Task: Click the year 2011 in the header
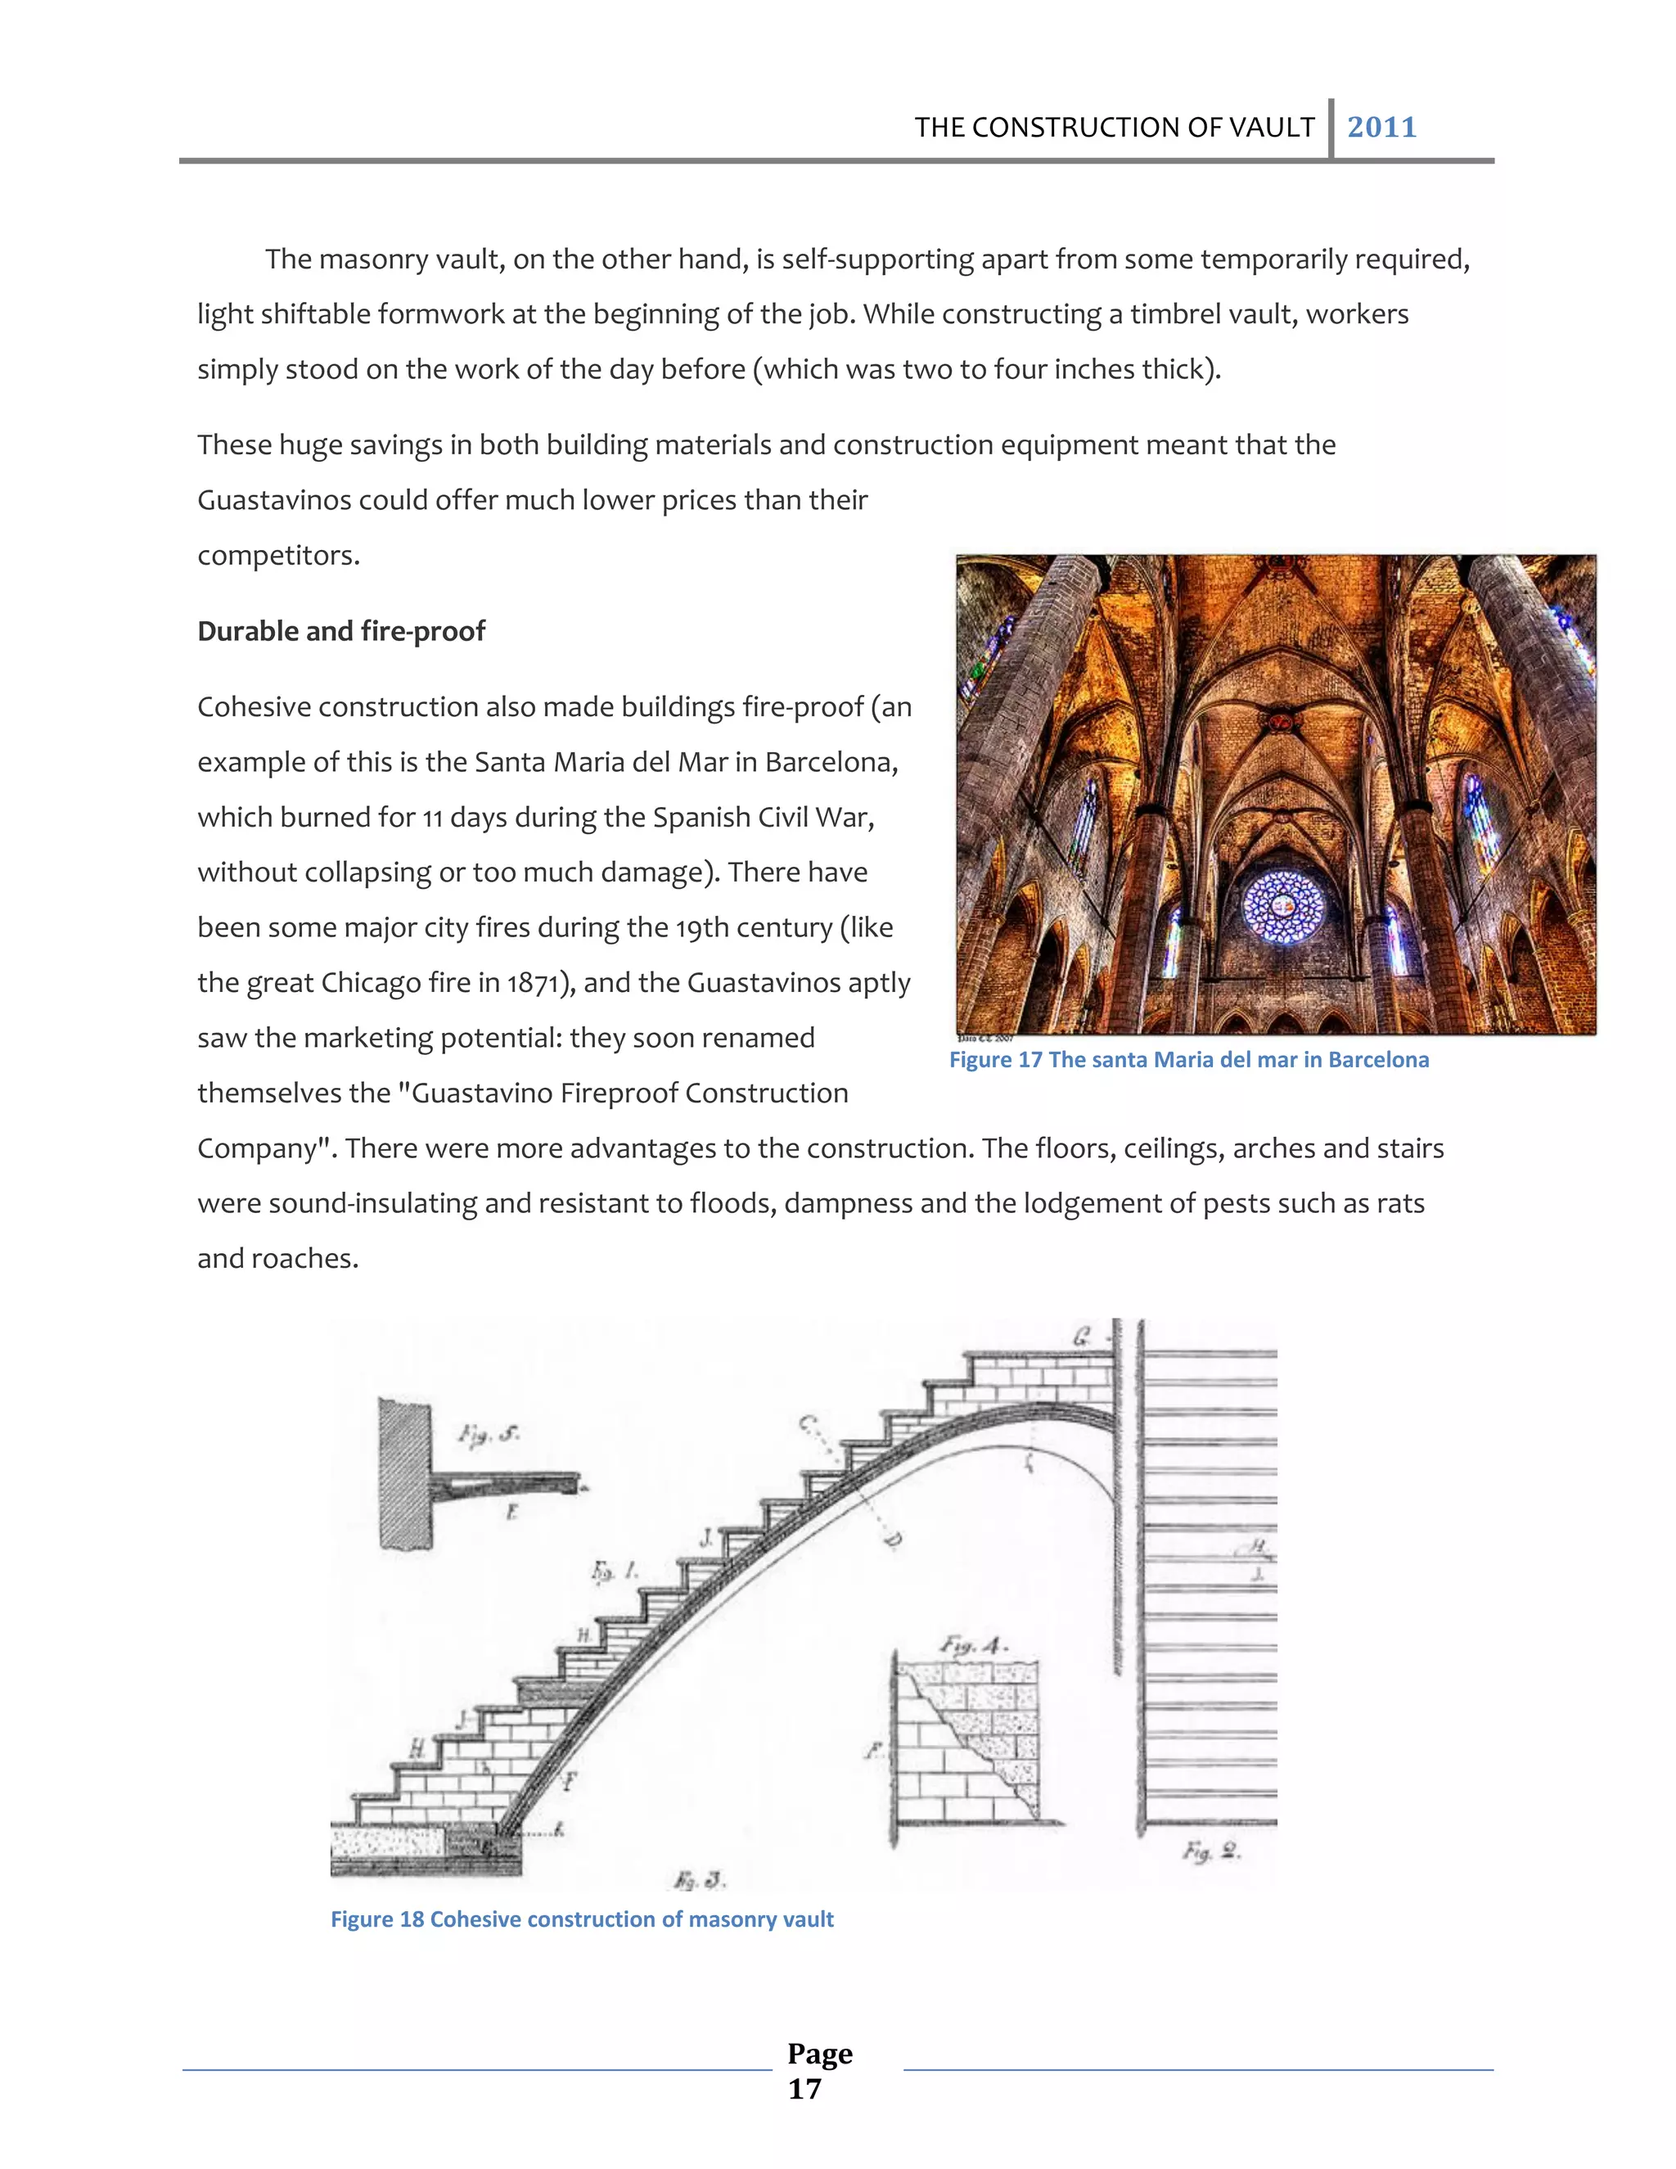tap(1381, 127)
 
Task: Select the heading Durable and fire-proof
tap(340, 632)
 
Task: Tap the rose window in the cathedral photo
tap(1284, 907)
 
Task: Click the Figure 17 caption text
tap(1188, 1060)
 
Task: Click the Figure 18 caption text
tap(582, 1919)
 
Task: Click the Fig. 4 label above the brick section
tap(974, 1647)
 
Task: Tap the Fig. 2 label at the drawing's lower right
tap(1211, 1851)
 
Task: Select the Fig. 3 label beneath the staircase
tap(699, 1880)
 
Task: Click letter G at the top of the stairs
tap(1082, 1337)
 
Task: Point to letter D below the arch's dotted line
tap(893, 1540)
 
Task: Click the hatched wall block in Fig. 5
tap(405, 1475)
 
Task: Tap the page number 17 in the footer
tap(804, 2089)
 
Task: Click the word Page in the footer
tap(819, 2053)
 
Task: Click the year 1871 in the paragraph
tap(534, 983)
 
